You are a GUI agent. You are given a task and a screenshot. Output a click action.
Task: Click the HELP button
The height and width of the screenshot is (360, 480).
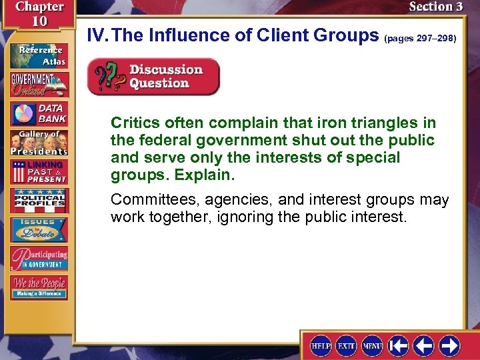[x=321, y=345]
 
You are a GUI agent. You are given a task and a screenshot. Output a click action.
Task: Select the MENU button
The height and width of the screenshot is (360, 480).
[x=372, y=345]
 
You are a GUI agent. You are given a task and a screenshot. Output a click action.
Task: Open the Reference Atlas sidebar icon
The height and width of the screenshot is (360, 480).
[x=38, y=55]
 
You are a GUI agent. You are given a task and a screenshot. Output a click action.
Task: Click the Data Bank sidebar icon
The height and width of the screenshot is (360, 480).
[x=38, y=113]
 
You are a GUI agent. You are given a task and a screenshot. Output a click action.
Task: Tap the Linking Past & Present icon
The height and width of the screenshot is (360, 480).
[x=38, y=172]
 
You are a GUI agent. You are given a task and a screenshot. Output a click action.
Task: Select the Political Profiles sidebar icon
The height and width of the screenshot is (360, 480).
[x=38, y=201]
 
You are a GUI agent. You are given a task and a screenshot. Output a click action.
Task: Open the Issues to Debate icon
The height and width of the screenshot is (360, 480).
[x=38, y=229]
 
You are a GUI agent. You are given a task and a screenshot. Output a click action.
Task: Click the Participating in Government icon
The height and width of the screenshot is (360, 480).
[x=38, y=258]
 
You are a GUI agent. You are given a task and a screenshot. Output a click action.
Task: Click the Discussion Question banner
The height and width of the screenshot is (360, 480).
[x=153, y=77]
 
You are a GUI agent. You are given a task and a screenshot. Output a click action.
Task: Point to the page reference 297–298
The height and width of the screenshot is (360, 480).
[x=420, y=39]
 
